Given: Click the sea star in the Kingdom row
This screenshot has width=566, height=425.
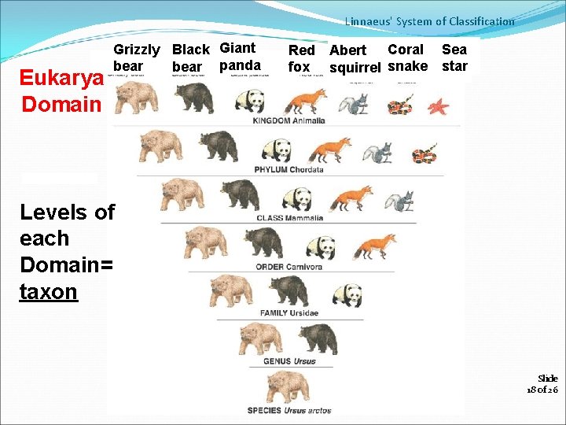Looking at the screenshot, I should (439, 105).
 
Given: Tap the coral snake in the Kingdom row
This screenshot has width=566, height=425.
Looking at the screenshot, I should (399, 104).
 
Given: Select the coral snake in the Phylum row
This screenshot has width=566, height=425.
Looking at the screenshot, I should (425, 153).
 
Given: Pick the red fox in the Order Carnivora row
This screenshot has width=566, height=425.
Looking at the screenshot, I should (374, 246).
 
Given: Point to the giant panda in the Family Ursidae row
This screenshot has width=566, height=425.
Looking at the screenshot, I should (347, 294).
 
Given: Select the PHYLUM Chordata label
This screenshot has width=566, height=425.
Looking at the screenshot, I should (289, 169).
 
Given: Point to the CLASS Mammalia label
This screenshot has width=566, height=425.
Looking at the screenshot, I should (289, 218).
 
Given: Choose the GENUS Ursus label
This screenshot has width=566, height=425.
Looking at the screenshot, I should (289, 361).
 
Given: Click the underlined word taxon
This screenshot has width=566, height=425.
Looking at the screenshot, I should (49, 292).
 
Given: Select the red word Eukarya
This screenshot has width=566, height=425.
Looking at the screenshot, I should (61, 79).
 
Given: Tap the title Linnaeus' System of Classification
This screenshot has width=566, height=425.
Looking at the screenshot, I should (429, 22).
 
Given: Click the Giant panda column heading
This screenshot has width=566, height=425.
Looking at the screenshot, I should (240, 57).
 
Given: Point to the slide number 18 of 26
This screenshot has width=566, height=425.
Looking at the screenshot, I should (542, 384).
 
